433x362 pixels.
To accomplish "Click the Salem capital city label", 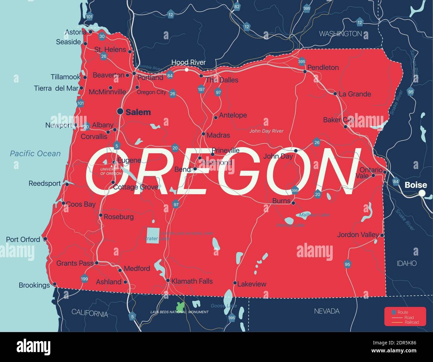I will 138,112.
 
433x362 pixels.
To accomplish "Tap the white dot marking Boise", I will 422,193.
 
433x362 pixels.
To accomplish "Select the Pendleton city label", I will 323,68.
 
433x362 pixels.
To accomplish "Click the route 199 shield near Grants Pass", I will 85,278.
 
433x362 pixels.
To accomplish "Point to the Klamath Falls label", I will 192,281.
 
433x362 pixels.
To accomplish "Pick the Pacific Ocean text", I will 35,153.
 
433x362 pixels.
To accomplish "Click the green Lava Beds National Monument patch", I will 180,306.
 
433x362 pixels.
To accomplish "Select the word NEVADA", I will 327,311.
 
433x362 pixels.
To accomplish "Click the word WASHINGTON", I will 340,34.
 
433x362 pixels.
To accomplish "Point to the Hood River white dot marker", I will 187,70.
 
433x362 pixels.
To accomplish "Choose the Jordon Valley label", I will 358,235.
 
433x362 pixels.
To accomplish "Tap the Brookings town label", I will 34,285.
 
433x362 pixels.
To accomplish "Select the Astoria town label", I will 75,32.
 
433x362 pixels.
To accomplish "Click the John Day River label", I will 266,131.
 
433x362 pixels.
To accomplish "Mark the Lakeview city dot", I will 235,283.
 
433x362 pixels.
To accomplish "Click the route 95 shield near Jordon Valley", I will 347,264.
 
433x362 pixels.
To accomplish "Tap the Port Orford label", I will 23,239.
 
